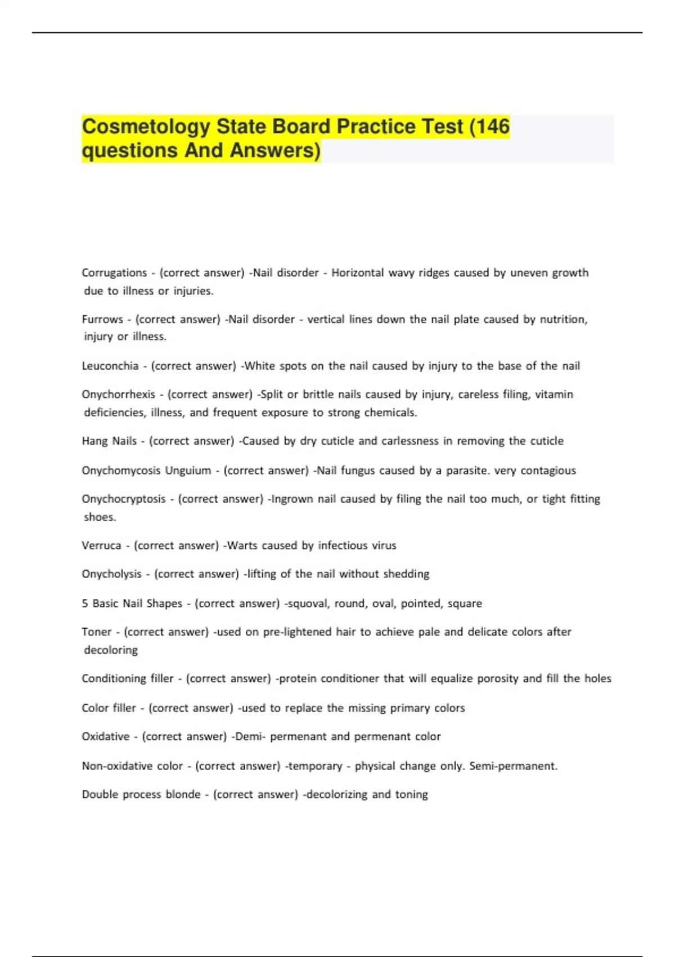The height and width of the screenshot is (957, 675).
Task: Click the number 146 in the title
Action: tap(493, 127)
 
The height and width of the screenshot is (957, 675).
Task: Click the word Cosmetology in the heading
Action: tap(146, 127)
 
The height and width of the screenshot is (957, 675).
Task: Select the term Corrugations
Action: tap(114, 273)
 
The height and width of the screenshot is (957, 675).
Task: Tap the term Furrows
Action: tap(102, 319)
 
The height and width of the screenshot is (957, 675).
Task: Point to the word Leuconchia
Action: tap(110, 366)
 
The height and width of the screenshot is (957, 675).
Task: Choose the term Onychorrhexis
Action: tap(118, 394)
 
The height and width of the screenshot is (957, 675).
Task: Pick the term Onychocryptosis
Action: tap(124, 499)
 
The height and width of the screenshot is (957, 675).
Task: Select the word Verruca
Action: tap(101, 545)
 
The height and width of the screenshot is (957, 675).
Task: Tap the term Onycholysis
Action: tap(111, 574)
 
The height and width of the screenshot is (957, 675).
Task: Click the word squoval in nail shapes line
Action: tap(307, 603)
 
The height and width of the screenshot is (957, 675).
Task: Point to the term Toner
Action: tap(97, 632)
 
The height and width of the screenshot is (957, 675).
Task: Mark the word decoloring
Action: tap(111, 650)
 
